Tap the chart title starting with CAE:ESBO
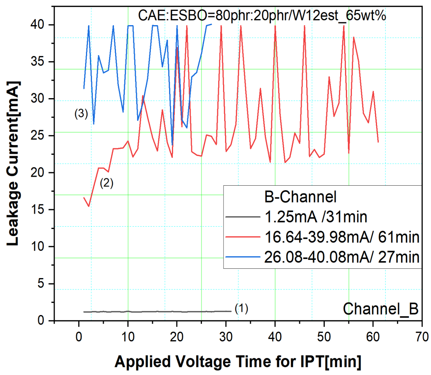click(x=261, y=15)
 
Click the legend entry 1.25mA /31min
click(x=315, y=217)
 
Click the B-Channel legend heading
click(x=298, y=197)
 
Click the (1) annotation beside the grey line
click(x=241, y=309)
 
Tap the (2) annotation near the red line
click(x=107, y=183)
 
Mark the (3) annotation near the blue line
click(x=81, y=114)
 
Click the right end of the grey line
click(x=231, y=311)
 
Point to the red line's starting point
click(x=84, y=197)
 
